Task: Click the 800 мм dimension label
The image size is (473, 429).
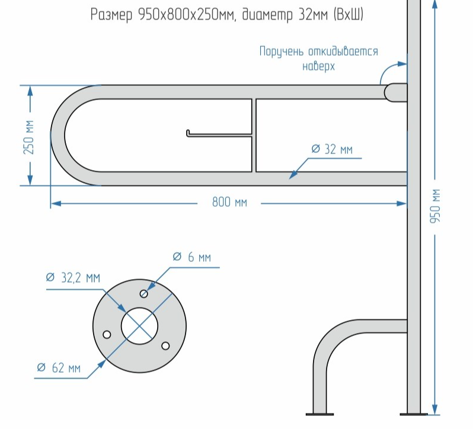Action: (x=229, y=202)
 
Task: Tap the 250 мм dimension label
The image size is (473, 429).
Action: (x=28, y=137)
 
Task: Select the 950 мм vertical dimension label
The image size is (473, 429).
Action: (x=435, y=206)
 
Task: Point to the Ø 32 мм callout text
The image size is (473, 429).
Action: (x=332, y=149)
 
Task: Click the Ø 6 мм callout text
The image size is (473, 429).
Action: (x=192, y=257)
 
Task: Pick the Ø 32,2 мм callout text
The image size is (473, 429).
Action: (x=73, y=277)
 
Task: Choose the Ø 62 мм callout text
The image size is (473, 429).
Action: (x=59, y=368)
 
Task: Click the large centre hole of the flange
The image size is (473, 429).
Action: (x=139, y=326)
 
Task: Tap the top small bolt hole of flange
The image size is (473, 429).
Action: (x=144, y=293)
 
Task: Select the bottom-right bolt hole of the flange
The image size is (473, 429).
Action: (x=165, y=346)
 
